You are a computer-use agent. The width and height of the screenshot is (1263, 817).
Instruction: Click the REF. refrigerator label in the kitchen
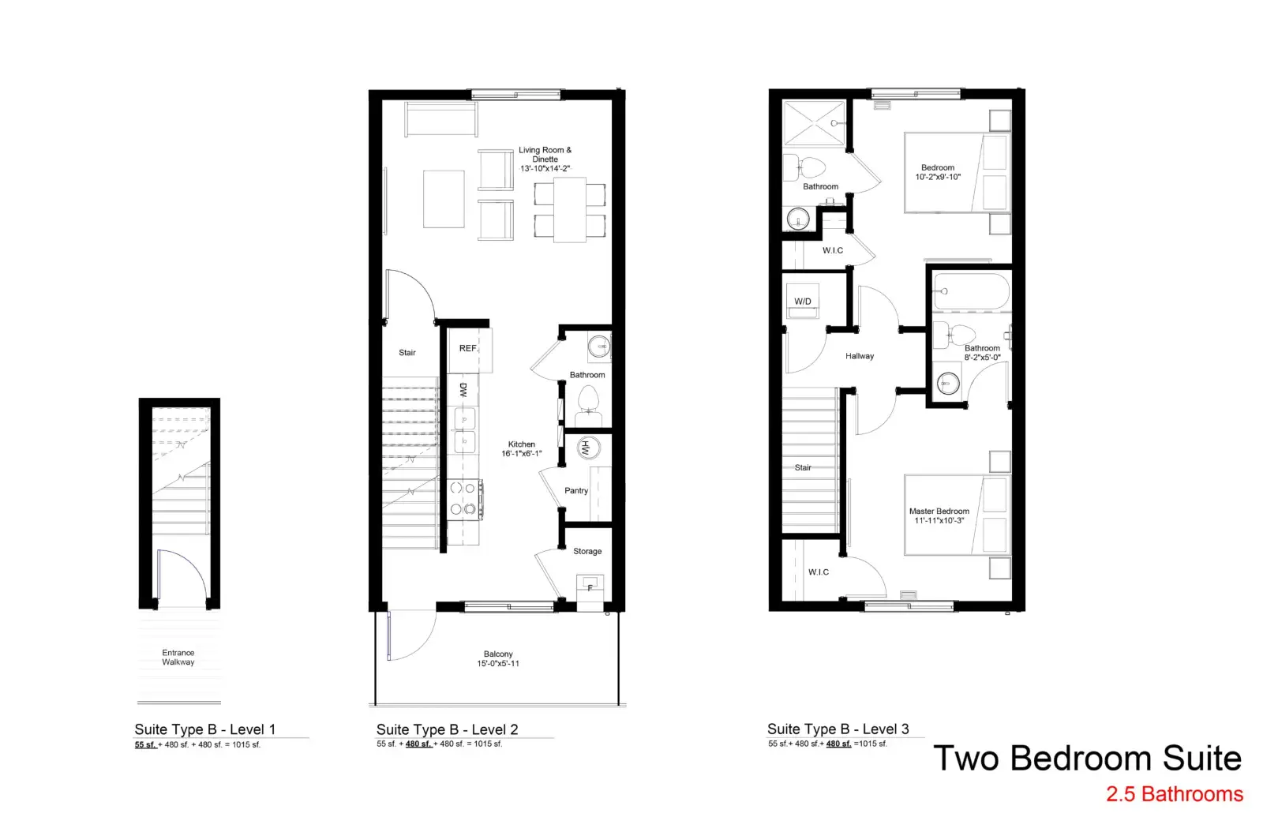(468, 348)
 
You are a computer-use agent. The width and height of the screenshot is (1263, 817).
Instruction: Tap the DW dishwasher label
(463, 390)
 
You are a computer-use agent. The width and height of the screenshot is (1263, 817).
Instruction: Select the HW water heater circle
(588, 449)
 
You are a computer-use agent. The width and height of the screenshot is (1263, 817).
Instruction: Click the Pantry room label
(576, 490)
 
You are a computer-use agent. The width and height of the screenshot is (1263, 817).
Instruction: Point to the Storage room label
(587, 551)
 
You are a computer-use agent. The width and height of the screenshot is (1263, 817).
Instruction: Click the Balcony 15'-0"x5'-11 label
(498, 658)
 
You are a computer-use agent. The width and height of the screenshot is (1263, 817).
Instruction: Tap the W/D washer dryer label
(803, 302)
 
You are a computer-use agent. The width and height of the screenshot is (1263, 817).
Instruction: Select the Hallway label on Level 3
(860, 356)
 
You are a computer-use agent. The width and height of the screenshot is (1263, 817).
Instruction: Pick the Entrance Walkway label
(178, 658)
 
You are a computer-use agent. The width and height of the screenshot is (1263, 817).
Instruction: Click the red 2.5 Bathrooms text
(1175, 794)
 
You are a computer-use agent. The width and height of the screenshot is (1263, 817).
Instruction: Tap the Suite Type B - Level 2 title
(447, 729)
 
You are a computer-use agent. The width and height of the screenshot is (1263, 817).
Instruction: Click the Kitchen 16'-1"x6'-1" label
(522, 449)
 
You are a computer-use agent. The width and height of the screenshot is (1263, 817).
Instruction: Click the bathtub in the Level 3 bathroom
(972, 291)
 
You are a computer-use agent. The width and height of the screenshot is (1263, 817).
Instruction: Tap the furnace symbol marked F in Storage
(590, 587)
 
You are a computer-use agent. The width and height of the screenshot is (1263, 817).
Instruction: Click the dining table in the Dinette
(569, 210)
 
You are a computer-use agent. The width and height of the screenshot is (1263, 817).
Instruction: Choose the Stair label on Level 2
(407, 352)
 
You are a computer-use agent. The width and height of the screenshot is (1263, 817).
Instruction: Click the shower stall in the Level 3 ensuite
(814, 123)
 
